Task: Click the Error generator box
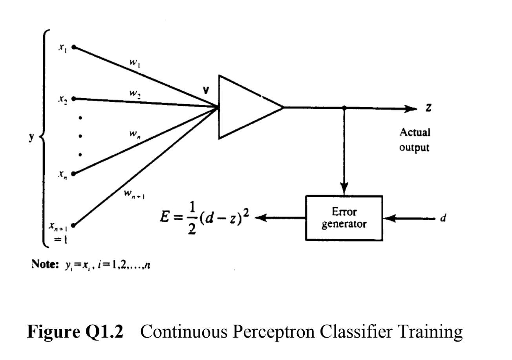(344, 218)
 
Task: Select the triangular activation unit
(245, 107)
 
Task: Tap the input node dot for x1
(73, 47)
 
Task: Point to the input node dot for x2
(73, 99)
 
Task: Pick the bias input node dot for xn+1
(73, 226)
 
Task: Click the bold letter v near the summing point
(205, 90)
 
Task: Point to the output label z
(429, 108)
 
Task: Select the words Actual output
(415, 140)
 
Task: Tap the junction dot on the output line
(344, 107)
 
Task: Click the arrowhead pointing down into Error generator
(344, 190)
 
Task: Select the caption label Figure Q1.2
(75, 332)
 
